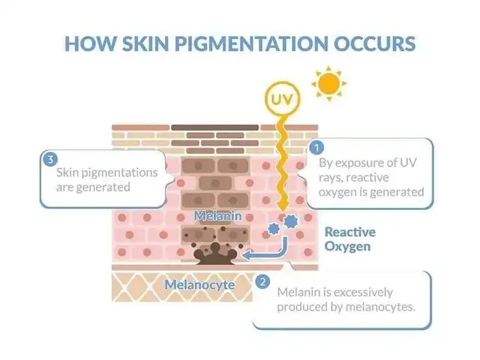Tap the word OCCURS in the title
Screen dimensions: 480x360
(x=374, y=43)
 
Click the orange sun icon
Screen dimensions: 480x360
(x=329, y=83)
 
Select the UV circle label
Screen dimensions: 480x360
(x=282, y=99)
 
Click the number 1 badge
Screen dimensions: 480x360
(x=316, y=148)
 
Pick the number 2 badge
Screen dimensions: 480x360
(x=262, y=281)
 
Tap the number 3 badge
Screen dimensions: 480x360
(x=50, y=159)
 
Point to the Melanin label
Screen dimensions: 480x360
(x=217, y=216)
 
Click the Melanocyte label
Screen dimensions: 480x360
(x=199, y=285)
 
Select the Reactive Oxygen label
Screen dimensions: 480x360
(x=350, y=239)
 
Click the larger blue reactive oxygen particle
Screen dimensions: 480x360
(x=290, y=221)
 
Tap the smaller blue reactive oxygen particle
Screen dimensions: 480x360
(x=273, y=229)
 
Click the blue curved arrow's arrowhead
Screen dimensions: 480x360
(x=247, y=254)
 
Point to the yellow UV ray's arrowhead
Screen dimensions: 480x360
(x=283, y=205)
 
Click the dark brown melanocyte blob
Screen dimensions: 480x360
(x=215, y=254)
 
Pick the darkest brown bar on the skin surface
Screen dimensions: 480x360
(x=214, y=127)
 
